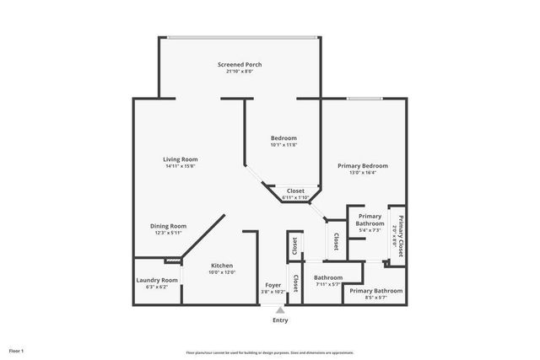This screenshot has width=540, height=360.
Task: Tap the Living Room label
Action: [x=180, y=159]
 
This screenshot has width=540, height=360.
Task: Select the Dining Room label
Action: [x=168, y=226]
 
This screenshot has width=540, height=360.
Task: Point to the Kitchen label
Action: [x=221, y=266]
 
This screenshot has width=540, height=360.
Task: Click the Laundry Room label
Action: [x=157, y=280]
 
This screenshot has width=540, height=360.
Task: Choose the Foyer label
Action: [x=273, y=285]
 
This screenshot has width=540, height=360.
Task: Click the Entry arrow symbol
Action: [x=280, y=310]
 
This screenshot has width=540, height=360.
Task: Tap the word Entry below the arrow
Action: [x=280, y=320]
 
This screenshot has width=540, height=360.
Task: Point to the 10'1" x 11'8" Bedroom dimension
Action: [x=283, y=145]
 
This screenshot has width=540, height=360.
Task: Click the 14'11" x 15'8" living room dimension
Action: [x=180, y=166]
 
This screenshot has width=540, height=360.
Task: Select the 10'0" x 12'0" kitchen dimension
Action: [x=221, y=272]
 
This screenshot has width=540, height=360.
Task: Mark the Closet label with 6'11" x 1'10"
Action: [x=295, y=197]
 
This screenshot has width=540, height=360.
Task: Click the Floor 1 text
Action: [x=16, y=350]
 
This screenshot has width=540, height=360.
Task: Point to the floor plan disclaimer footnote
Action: [x=269, y=352]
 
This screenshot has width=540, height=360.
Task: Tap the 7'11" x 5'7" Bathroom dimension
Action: [x=328, y=284]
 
